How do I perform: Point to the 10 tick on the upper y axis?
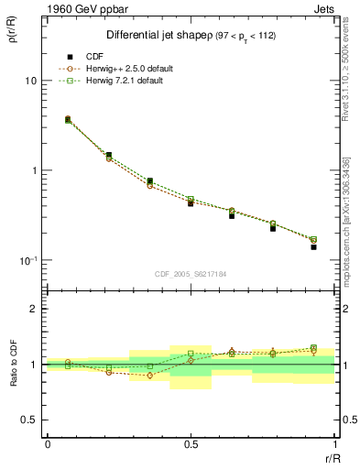coord(29,81)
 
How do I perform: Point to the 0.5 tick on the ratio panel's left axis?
coord(27,420)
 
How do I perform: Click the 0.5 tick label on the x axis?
coord(191,444)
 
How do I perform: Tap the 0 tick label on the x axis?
coord(47,444)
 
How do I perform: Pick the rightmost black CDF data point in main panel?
coord(313,247)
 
